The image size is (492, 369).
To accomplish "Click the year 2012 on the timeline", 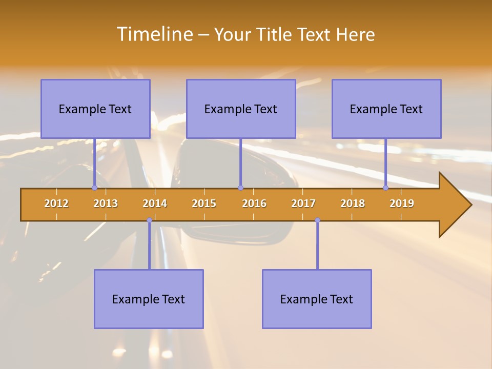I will click(56, 203).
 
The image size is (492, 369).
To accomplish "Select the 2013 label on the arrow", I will click(106, 203).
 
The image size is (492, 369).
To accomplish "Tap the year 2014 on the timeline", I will click(155, 203).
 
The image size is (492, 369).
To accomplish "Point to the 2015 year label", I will click(204, 203).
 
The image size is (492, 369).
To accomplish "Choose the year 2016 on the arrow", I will click(254, 203).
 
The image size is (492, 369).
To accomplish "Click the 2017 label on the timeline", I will click(303, 203).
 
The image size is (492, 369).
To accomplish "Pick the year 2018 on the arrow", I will click(353, 203).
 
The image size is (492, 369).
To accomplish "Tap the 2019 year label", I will click(402, 203).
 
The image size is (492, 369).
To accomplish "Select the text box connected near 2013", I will click(95, 109).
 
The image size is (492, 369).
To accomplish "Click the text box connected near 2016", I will click(241, 109).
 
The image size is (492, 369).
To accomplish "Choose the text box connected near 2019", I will click(386, 109).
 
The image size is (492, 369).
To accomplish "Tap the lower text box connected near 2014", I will click(149, 299).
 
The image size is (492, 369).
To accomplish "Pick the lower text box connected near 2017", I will click(317, 299).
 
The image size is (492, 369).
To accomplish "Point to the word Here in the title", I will click(356, 34).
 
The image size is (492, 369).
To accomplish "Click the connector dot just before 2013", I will click(94, 188).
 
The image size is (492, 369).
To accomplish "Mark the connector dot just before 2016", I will click(240, 188).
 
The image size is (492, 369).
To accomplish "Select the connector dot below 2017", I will click(317, 220).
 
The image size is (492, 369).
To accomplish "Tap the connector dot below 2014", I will click(149, 220).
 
